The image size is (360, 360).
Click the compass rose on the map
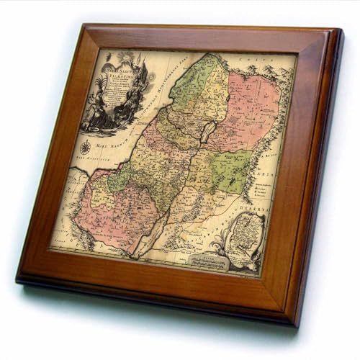pyautogui.click(x=85, y=147)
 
